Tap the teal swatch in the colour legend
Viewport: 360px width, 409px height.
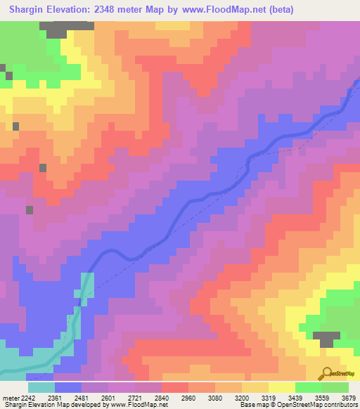(x=41, y=387)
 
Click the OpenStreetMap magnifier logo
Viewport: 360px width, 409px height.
(x=328, y=372)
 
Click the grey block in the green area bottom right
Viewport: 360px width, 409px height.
(x=326, y=339)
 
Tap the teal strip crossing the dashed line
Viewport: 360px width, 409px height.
(x=86, y=288)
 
